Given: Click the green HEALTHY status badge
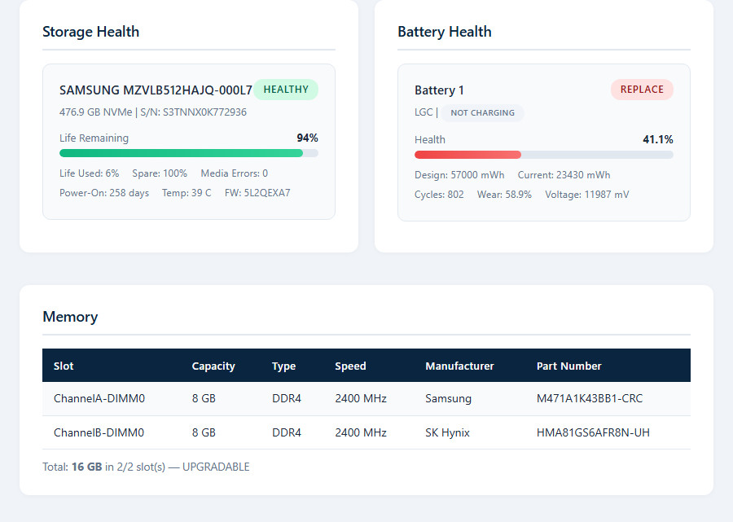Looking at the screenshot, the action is (286, 90).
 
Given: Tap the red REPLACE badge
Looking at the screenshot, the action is (642, 90).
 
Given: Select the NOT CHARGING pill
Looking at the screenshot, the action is (482, 112).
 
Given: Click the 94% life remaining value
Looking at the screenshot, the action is (307, 138).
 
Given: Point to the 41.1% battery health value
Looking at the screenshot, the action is (658, 139).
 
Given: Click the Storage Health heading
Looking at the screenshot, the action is (90, 32).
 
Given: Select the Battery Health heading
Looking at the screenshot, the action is (445, 32).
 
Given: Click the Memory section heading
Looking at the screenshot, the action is (70, 317).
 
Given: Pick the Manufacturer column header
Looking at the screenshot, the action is (459, 366).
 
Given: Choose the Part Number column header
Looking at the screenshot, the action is (569, 366).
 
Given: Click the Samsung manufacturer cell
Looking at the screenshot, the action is (448, 399).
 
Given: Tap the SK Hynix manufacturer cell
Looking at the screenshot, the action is (447, 432).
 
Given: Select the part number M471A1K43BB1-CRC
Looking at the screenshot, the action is (590, 399).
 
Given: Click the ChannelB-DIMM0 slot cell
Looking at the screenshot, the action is (99, 432).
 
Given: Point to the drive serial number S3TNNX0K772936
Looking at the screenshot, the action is (204, 112).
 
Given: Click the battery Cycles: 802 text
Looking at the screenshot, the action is (439, 195).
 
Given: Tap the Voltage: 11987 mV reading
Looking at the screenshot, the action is (586, 195).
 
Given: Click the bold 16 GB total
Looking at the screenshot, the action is (86, 467).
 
